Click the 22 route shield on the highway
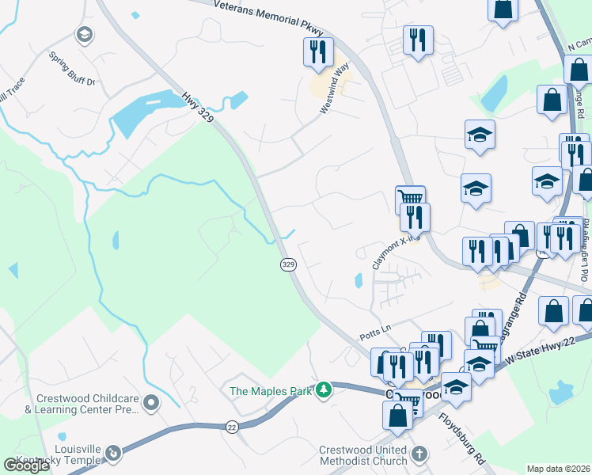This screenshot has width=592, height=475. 231,426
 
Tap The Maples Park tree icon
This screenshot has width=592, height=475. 323,390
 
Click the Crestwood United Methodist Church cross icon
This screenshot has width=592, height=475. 419,454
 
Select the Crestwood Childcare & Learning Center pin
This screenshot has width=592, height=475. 150,404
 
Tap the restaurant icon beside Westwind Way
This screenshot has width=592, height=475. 318,51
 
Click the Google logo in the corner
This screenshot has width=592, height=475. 26,465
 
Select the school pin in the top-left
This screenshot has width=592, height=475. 83,34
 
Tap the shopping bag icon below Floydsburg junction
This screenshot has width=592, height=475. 397,414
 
